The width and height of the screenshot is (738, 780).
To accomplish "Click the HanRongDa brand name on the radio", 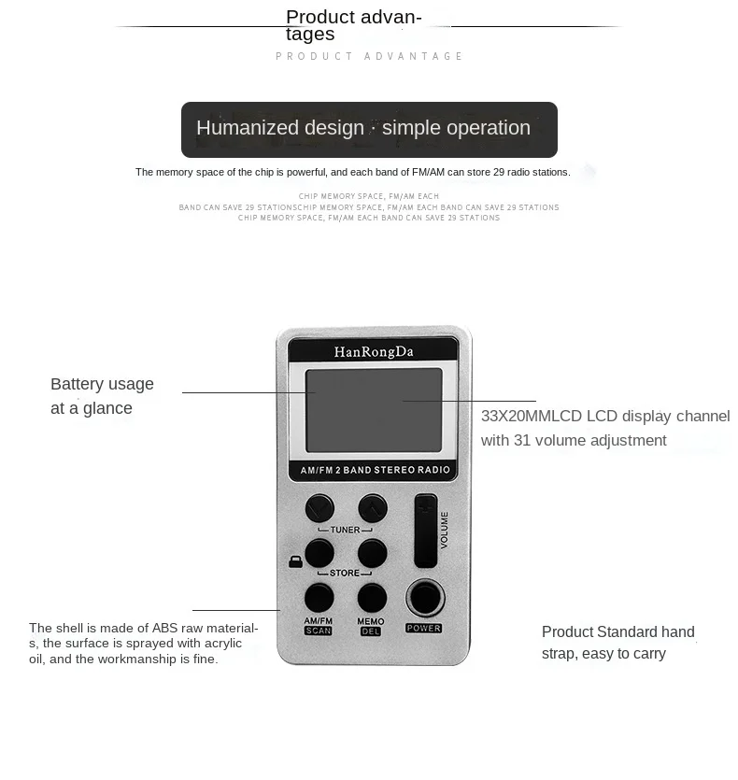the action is coord(374,351).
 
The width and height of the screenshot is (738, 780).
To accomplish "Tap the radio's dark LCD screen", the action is coord(374,410).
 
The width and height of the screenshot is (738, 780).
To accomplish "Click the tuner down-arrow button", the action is coord(319,508).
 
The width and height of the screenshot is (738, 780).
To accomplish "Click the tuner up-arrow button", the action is coord(373,508).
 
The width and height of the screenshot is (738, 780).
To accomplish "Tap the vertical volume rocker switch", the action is coord(426,531).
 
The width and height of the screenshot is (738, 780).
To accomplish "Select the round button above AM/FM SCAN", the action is coord(319,598).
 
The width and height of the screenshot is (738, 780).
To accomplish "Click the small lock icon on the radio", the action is coord(295,561).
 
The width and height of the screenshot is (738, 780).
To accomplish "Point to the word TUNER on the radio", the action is coord(345,530).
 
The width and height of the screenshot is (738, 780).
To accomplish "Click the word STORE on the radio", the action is coord(345,573).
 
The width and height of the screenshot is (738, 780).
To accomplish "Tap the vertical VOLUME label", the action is coord(444,531).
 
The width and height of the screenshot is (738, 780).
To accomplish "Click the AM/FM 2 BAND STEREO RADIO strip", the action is coord(375,470).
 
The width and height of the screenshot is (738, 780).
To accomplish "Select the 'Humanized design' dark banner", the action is coord(369,129).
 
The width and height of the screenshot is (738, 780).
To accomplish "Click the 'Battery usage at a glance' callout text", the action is coord(102,396).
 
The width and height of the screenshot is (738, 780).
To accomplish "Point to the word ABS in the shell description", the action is coord(164,628).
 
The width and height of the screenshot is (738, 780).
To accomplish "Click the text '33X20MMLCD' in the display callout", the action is coord(532,416).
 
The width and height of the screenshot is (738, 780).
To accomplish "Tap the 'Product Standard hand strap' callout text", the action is coord(618,643).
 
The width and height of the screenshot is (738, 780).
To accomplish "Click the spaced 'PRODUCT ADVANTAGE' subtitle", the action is coord(369,56).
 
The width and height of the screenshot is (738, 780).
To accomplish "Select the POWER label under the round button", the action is coord(423,629).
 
